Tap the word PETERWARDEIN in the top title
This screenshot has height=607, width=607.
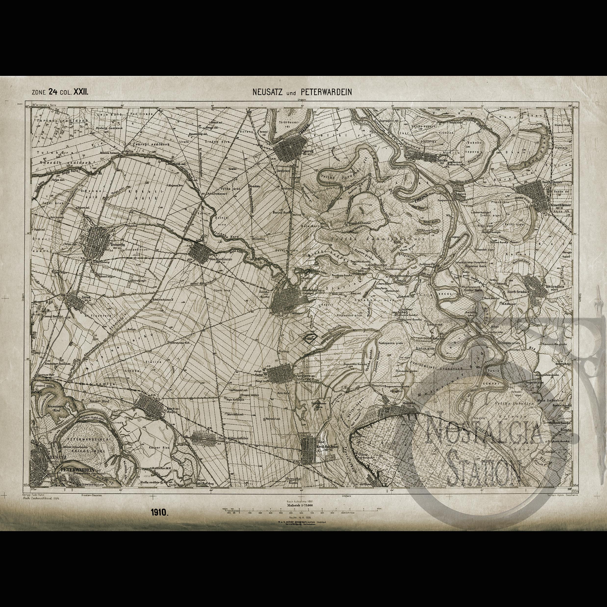coord(326,92)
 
